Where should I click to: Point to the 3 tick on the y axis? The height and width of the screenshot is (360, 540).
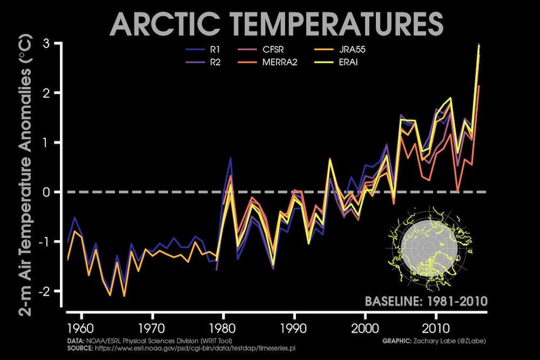[x=54, y=43]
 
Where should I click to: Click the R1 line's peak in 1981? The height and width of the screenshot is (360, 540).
[x=231, y=158]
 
